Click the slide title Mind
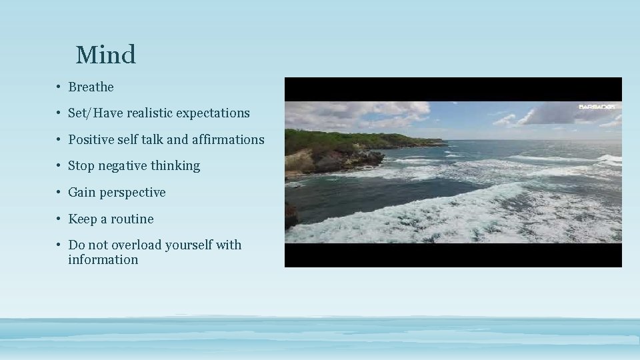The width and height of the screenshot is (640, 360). (x=105, y=55)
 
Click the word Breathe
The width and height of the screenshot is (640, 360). (x=91, y=87)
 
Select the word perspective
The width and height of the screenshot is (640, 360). (x=133, y=193)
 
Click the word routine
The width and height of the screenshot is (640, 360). (x=132, y=219)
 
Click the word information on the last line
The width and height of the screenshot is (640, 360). (x=103, y=260)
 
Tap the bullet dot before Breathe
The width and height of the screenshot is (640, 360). (x=59, y=87)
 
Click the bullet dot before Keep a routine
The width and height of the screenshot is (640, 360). (x=59, y=219)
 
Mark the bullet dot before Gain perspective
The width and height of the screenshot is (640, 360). (x=59, y=193)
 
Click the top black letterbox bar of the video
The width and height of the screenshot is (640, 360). (x=453, y=89)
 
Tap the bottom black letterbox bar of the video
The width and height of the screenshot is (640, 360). (x=453, y=255)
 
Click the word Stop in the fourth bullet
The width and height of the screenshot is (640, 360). (x=81, y=166)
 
